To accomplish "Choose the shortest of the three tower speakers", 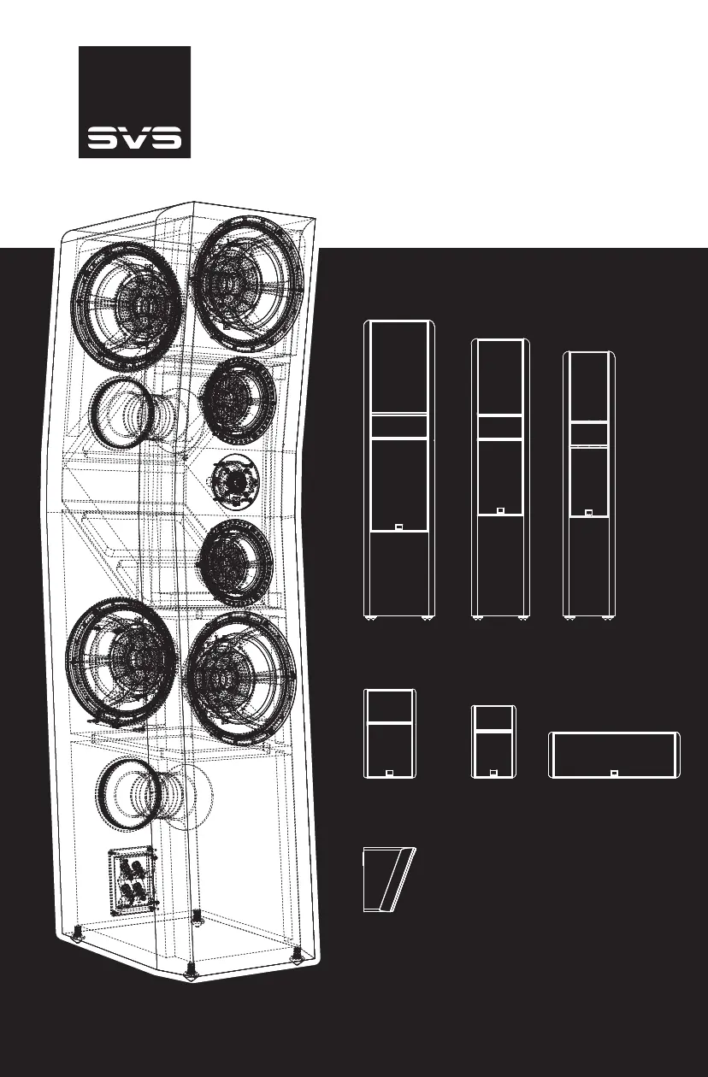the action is [x=588, y=483].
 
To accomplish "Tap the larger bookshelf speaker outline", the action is [x=391, y=733].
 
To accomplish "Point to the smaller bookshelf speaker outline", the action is [x=493, y=741].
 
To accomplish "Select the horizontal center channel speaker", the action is [x=613, y=755].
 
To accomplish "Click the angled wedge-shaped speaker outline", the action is [x=387, y=880].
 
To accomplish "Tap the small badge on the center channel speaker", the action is [x=613, y=774].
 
